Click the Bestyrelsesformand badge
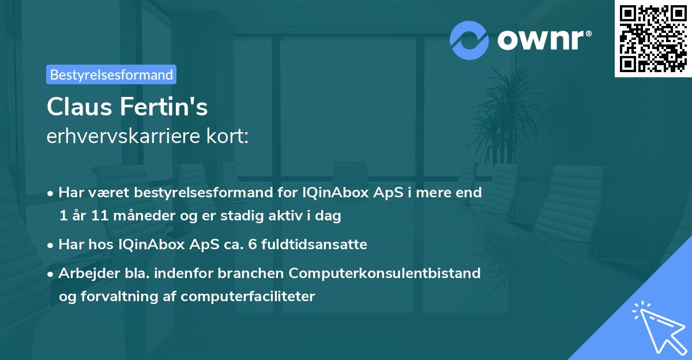click(x=111, y=74)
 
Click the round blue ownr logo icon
click(x=469, y=40)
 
